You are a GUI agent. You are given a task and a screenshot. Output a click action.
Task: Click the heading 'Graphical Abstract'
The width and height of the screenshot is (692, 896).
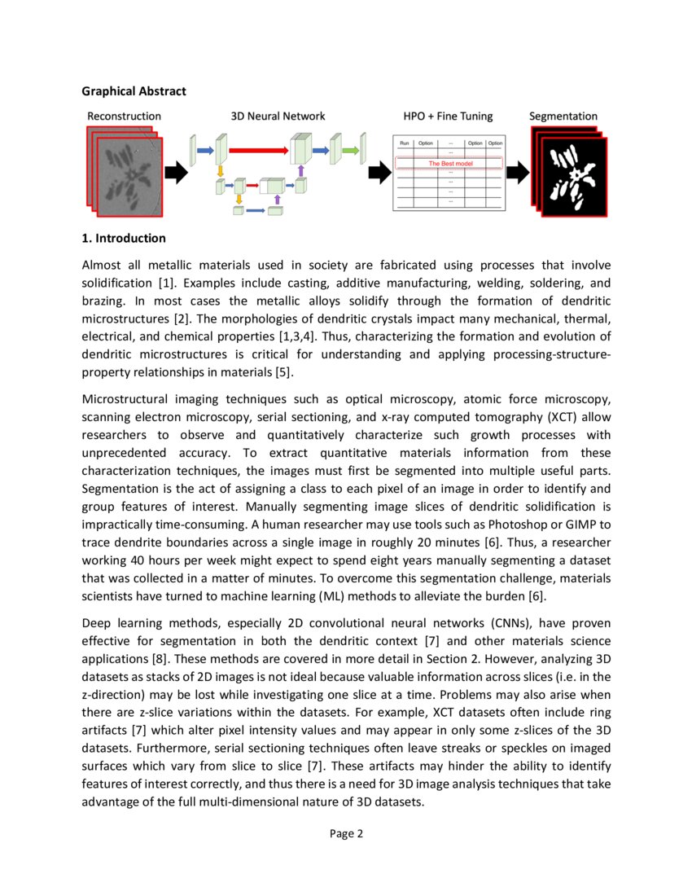coord(134,91)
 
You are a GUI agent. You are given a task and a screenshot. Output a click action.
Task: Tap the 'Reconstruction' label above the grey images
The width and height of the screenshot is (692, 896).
coord(124,116)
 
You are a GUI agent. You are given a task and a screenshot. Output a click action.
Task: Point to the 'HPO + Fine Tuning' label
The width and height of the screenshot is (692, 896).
coord(448,116)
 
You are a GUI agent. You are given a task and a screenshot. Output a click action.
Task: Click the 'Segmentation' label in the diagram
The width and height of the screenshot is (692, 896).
coord(563,116)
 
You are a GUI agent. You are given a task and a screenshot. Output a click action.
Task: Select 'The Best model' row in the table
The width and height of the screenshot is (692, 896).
coord(449,164)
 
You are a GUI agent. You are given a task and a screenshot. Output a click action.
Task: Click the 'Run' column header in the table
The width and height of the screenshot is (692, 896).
coord(405,143)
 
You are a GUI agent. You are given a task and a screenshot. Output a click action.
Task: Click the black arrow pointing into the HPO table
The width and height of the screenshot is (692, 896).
coord(379,172)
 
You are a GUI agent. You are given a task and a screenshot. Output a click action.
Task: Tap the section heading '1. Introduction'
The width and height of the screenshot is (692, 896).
coord(124,239)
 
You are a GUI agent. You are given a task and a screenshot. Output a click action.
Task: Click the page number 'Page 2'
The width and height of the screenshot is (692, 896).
coord(346,833)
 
